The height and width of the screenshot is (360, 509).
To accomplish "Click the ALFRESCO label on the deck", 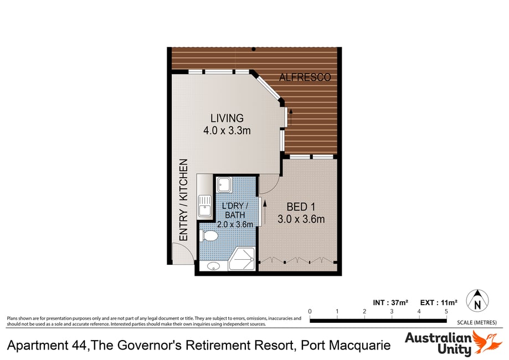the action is click(305, 77).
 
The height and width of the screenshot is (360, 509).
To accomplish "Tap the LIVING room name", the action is click(227, 118).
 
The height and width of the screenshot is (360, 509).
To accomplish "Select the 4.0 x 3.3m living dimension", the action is click(227, 131).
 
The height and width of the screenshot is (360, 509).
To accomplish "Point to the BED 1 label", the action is click(301, 207).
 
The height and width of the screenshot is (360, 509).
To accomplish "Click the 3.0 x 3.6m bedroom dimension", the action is click(301, 219).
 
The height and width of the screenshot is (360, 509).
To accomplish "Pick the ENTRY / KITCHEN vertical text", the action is click(183, 199).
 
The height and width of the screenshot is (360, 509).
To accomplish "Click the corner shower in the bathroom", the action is click(242, 259).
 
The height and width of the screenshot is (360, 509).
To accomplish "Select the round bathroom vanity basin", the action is click(213, 266).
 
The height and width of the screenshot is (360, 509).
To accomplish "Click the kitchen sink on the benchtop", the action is click(204, 206).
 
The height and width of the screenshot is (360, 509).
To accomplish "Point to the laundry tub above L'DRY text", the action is click(224, 184).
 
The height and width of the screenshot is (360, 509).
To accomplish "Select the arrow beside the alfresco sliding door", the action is click(291, 117).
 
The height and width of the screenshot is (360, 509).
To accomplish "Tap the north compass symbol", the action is click(477, 301).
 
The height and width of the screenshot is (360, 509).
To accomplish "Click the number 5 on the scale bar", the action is click(446, 311).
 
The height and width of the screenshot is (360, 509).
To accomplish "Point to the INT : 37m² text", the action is click(390, 302).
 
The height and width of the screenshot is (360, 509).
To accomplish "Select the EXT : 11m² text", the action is click(439, 302).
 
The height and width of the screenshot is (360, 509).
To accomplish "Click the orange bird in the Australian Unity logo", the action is click(486, 342).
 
